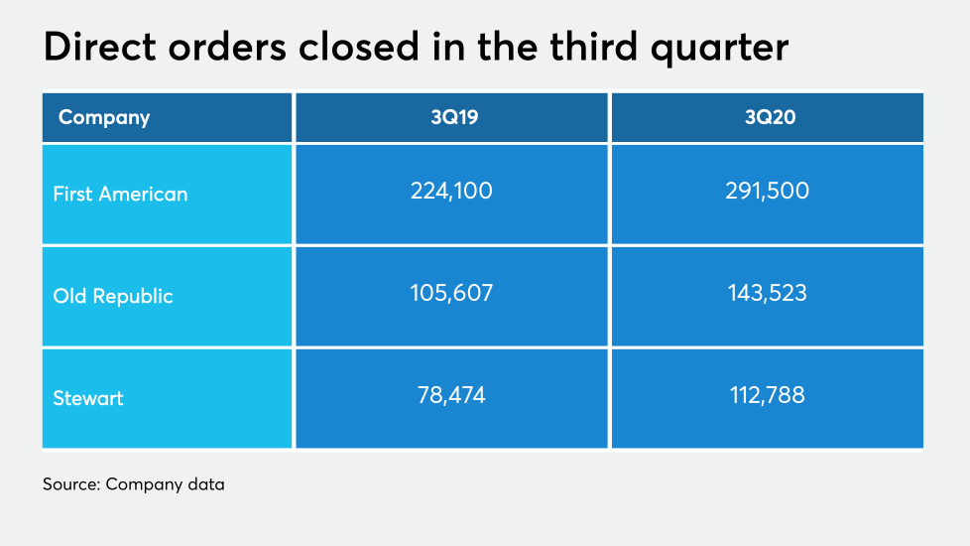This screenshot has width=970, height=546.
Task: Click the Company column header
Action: [104, 117]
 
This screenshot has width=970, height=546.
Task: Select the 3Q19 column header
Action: [451, 117]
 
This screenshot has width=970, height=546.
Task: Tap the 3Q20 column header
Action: [767, 117]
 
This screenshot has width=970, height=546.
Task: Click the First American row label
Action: [120, 194]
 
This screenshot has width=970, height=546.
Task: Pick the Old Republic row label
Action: [113, 296]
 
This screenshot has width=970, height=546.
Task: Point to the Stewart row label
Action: [88, 398]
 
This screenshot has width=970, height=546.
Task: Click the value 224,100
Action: [451, 191]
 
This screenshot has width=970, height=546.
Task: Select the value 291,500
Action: [767, 191]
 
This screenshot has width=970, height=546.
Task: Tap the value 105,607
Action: [451, 293]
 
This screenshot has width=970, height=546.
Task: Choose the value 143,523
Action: [767, 293]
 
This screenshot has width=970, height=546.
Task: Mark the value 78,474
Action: [451, 395]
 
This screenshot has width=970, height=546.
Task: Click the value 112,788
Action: [767, 395]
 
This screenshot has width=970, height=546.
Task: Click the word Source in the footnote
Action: [70, 484]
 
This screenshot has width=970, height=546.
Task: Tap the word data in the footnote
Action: [204, 484]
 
